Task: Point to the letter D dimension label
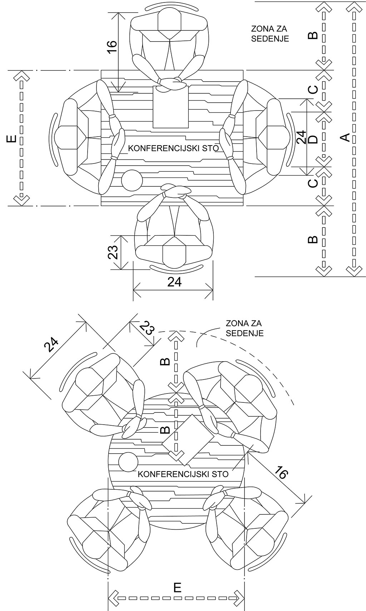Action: click(x=314, y=140)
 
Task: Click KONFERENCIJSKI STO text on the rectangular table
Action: click(x=174, y=148)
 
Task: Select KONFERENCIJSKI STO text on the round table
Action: click(x=183, y=474)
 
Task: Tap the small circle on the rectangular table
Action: click(x=132, y=180)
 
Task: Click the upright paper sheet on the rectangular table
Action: click(x=170, y=107)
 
